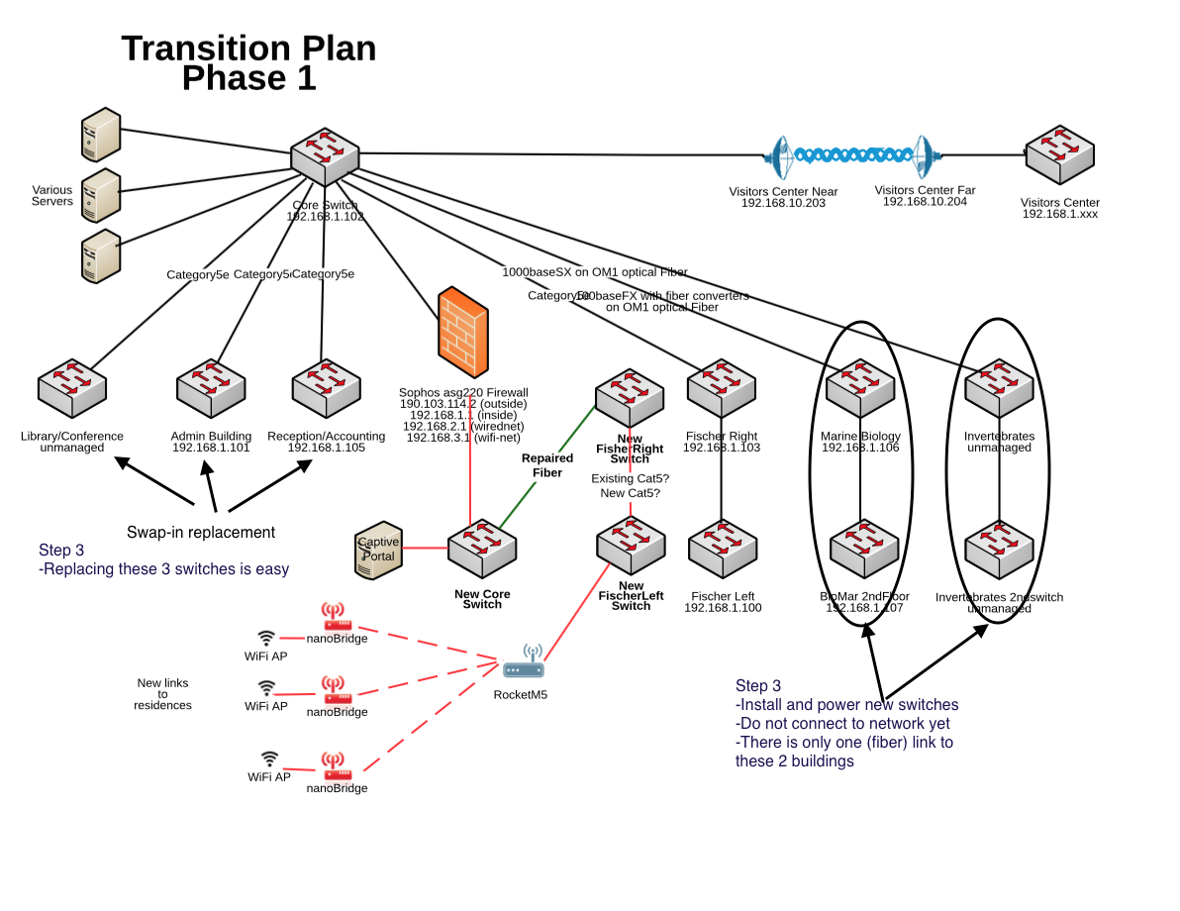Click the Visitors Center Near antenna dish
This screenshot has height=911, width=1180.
pos(780,156)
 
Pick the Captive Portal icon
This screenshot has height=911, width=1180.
pos(378,550)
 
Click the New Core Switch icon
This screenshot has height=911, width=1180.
pos(482,548)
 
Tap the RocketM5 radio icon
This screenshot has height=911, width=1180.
pos(524,666)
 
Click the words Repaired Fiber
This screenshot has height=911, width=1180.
pos(547,465)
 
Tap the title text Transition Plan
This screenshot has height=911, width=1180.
pos(248,48)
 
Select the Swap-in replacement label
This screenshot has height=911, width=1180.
pos(201,532)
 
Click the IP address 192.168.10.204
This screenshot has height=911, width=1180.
pos(925,202)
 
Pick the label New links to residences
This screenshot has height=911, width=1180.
pos(162,694)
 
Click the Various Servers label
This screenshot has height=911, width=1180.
pos(52,195)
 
